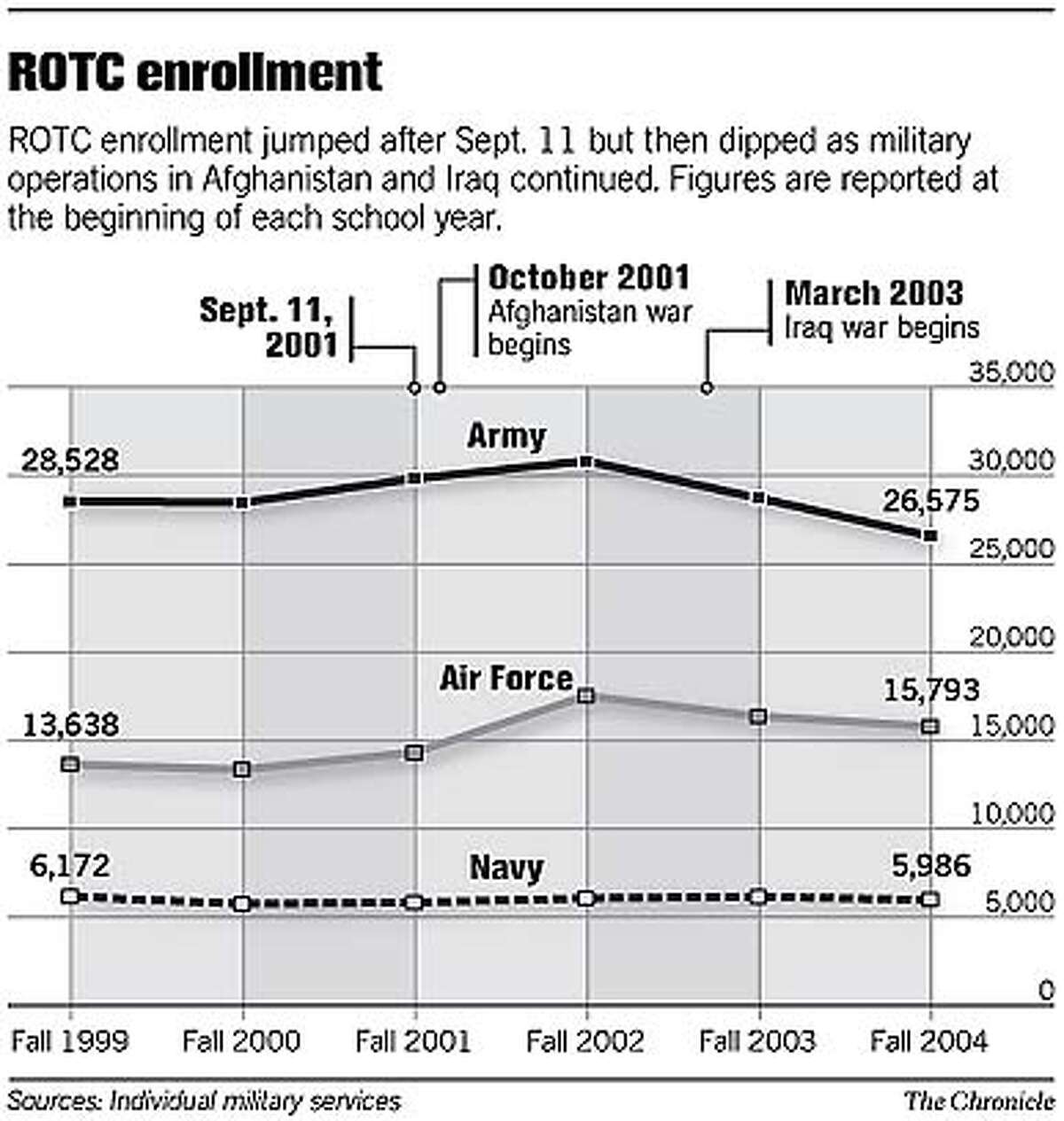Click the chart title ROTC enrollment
[x=195, y=72]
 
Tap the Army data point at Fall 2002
[x=585, y=462]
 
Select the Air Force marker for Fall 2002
[x=585, y=696]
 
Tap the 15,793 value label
[x=931, y=689]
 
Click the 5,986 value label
[x=931, y=866]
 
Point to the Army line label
[x=506, y=436]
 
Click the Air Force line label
[x=506, y=679]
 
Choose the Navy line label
[x=506, y=868]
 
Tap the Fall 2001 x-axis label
[x=413, y=1040]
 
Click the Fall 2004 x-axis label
[x=928, y=1040]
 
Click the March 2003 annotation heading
[x=874, y=293]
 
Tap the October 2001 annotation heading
[x=589, y=277]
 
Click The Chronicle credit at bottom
[x=978, y=1101]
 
